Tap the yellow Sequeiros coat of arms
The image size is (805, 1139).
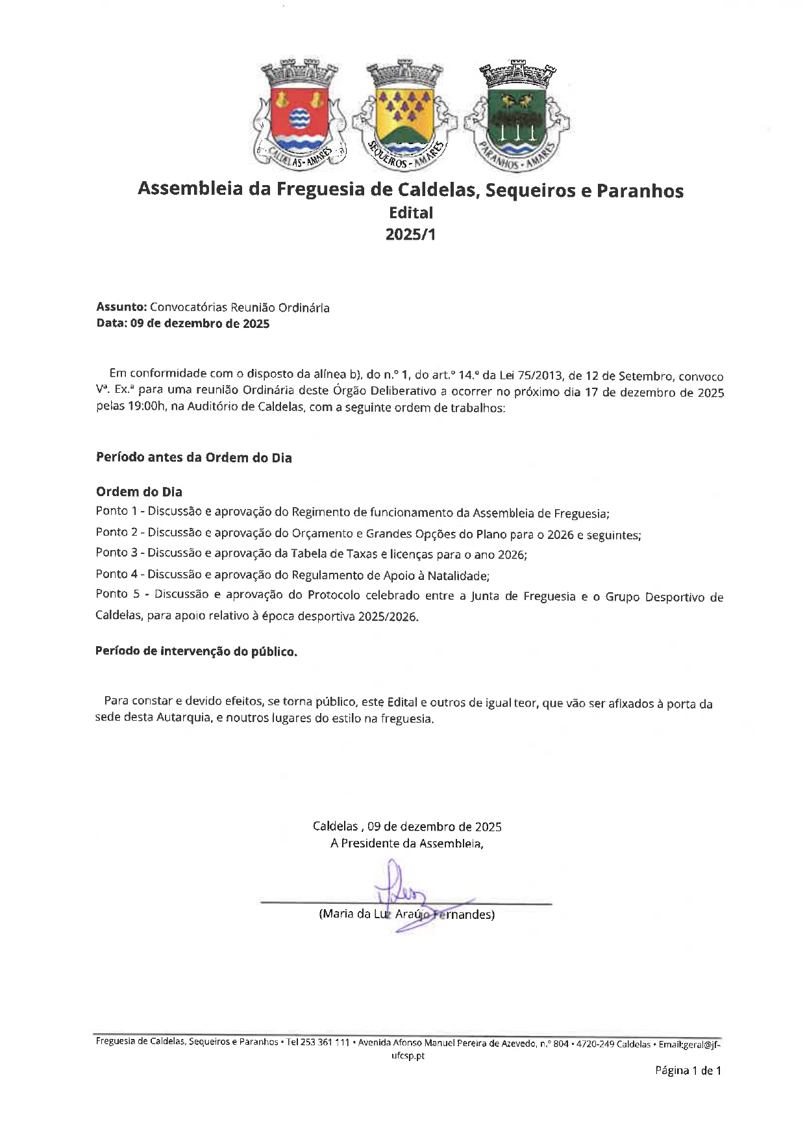[x=405, y=114]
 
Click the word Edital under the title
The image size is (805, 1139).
[x=410, y=212]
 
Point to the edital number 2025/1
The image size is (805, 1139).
[x=410, y=234]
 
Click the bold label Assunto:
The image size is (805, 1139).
[x=121, y=307]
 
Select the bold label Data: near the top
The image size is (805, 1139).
[x=112, y=323]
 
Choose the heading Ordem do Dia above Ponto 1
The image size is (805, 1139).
[x=139, y=492]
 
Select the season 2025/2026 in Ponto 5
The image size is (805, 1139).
[x=387, y=617]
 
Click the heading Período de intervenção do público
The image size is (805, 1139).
[x=196, y=651]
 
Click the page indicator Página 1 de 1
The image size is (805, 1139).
[x=687, y=1071]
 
